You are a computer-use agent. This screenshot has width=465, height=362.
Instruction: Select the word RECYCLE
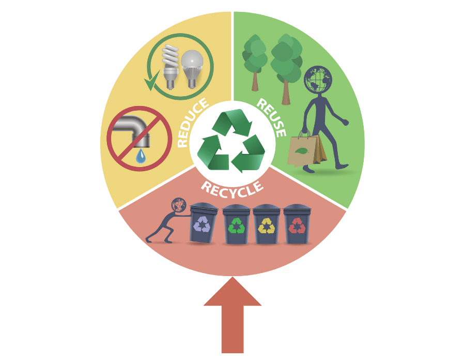click(x=232, y=188)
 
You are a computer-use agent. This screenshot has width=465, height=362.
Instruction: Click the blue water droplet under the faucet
click(x=141, y=156)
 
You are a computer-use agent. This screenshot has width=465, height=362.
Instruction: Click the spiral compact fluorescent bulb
click(x=169, y=65)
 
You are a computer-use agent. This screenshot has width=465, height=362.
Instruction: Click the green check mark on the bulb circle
click(x=151, y=82)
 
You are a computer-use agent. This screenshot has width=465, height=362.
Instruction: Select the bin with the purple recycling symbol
click(x=202, y=223)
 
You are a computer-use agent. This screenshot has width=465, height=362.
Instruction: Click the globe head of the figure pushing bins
click(x=179, y=205)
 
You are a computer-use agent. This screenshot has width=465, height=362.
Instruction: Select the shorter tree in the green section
click(x=255, y=57)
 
